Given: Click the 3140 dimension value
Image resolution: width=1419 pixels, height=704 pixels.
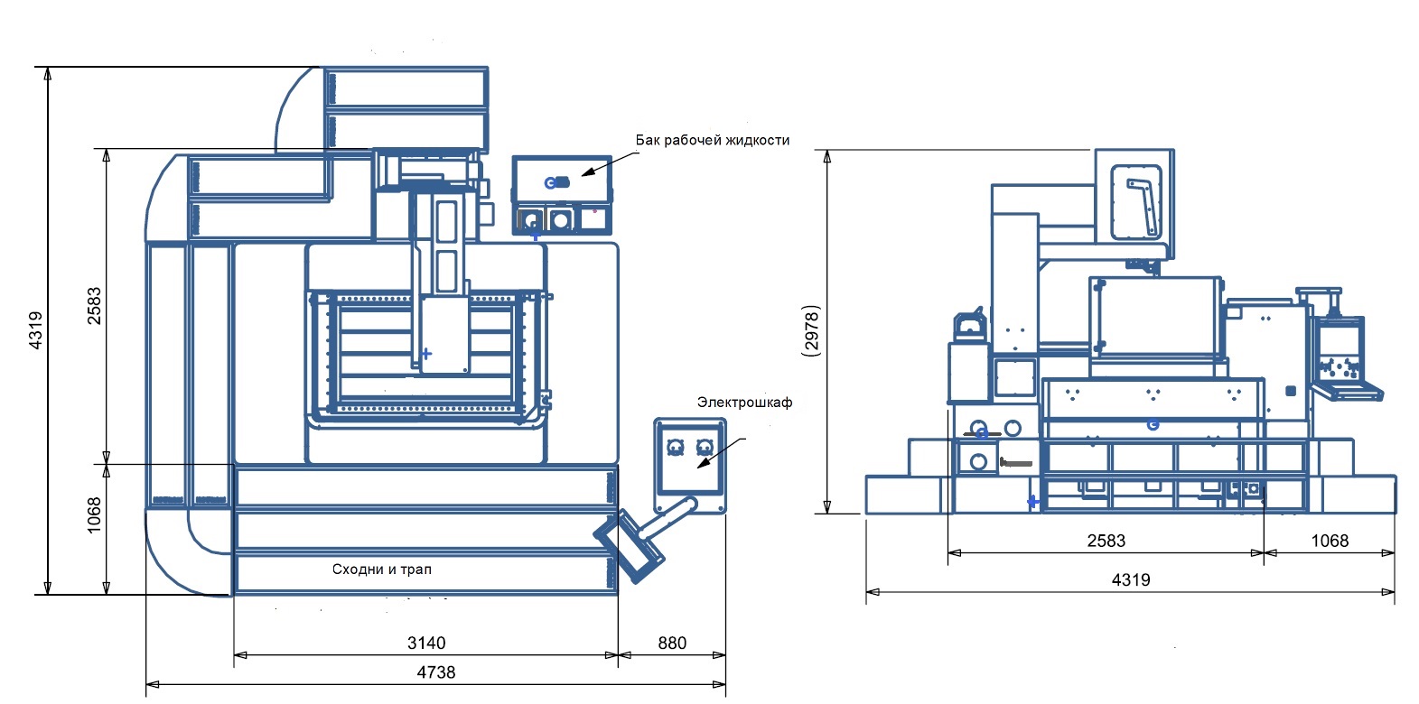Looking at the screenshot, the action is coord(426,644).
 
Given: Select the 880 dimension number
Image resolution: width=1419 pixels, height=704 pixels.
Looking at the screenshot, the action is coord(672,644).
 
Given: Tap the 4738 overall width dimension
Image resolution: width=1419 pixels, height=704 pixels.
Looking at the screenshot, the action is coord(436,672).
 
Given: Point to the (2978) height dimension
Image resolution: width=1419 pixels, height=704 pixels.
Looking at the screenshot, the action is coord(811,331).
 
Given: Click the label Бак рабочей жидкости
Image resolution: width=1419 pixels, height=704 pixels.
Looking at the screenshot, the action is coord(713,140).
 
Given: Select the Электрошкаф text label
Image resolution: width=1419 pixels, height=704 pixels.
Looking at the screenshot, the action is coord(745,402).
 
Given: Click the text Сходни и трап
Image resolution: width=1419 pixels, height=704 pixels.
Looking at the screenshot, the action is coord(382,570).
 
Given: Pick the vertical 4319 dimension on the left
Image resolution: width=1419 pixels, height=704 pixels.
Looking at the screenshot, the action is coord(36,329).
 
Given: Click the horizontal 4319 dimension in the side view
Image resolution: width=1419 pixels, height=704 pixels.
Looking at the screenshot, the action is coord(1131,580).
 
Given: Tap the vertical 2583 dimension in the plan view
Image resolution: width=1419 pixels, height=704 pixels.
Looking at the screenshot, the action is coord(94,306).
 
